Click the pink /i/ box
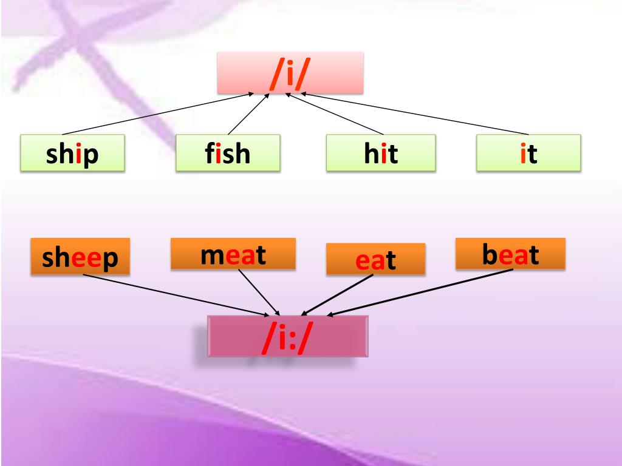[x=290, y=73]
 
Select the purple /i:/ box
[x=287, y=336]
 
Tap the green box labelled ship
[x=72, y=153]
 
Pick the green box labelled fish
[x=228, y=153]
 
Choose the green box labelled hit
[x=381, y=153]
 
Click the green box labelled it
[x=528, y=153]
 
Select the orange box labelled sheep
[x=80, y=256]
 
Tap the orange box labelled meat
[x=233, y=254]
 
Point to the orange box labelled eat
[x=375, y=259]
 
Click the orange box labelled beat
[x=510, y=254]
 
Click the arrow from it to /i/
[x=413, y=113]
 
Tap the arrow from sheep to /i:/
[x=176, y=295]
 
